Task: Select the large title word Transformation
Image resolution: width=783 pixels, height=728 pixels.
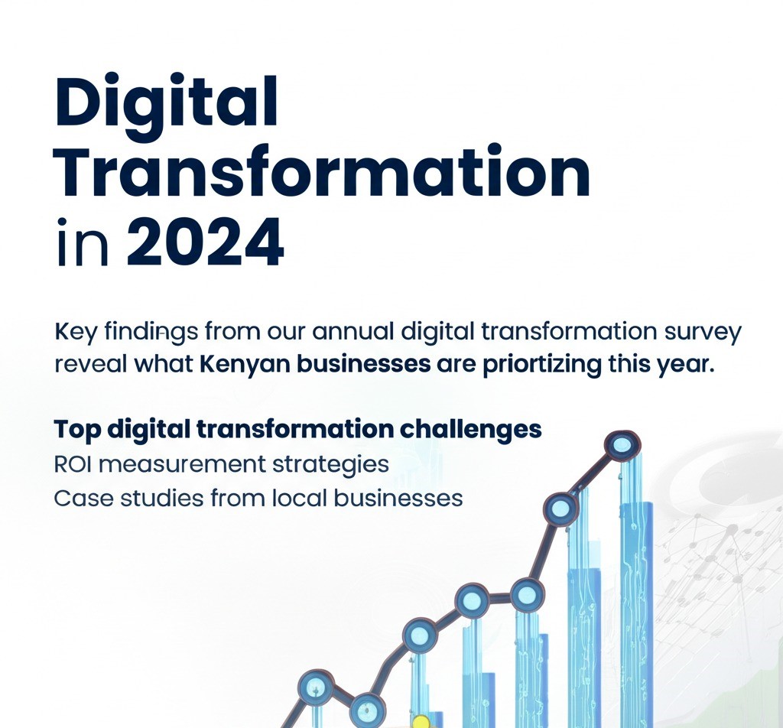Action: [322, 174]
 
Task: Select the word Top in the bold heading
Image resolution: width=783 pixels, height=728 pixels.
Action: [77, 429]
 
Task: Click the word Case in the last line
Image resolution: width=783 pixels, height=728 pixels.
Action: [80, 499]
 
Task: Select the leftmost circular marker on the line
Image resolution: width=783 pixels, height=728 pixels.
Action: [314, 687]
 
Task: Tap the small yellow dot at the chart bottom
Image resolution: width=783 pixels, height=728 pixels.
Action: [419, 722]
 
